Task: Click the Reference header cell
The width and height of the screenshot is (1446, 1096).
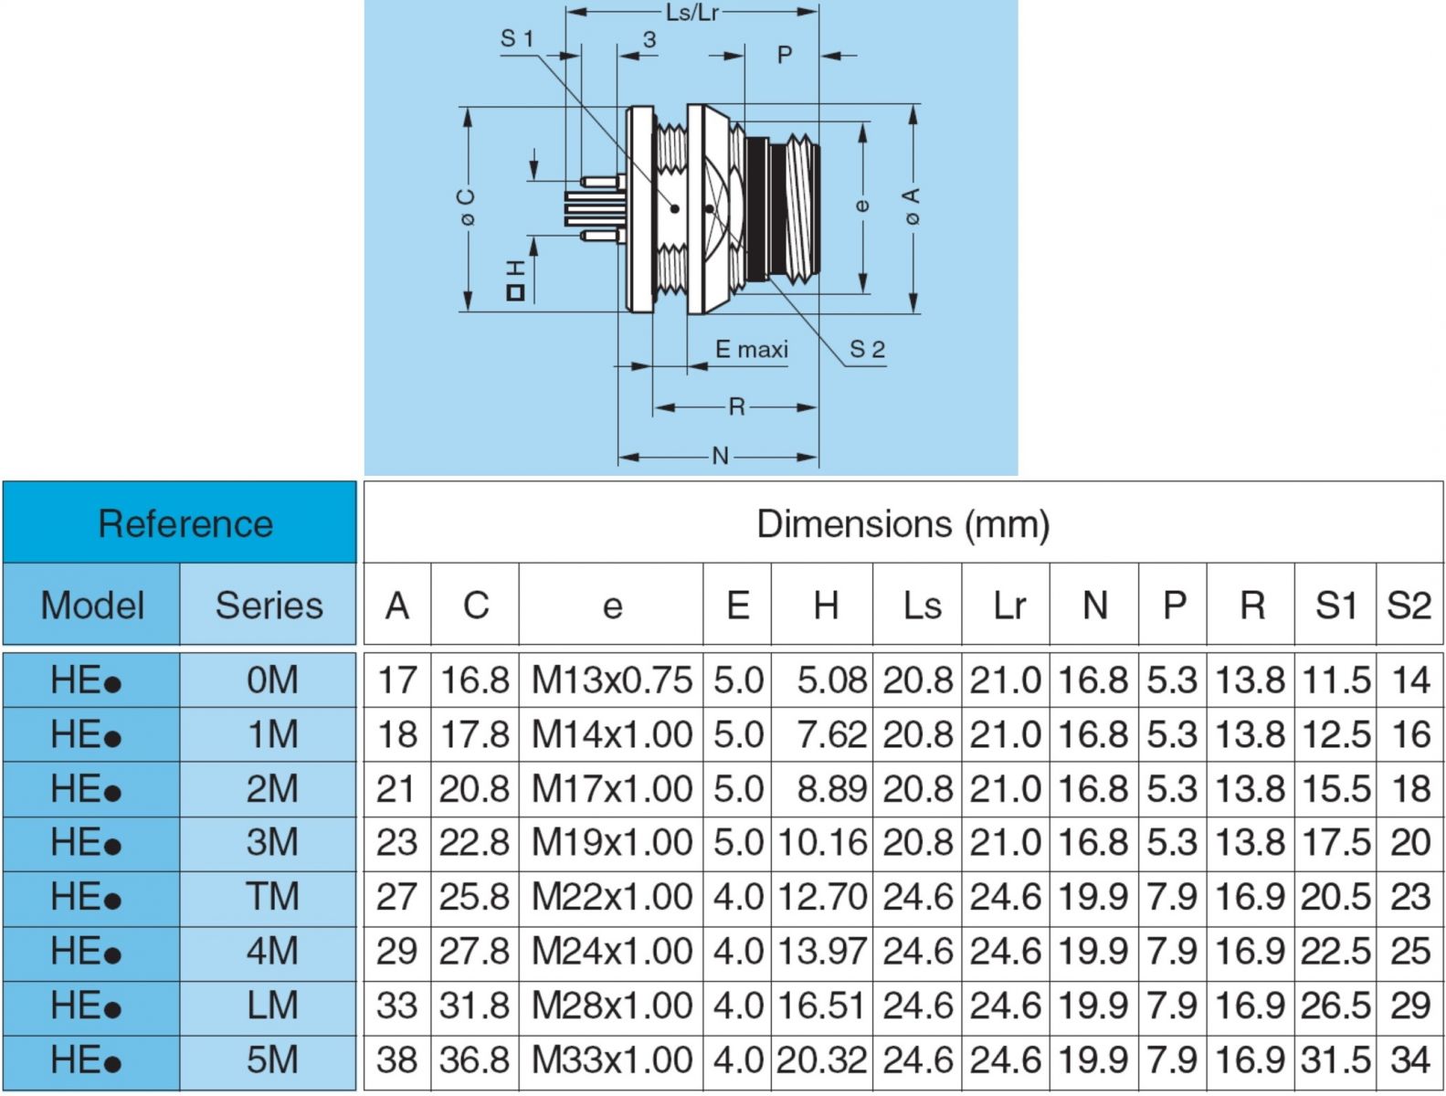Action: (179, 522)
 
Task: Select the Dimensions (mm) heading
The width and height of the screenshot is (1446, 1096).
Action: (903, 523)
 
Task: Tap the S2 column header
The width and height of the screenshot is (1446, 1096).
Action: (1409, 605)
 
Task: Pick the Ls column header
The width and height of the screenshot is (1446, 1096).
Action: (917, 605)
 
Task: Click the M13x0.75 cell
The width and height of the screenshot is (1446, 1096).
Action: (611, 680)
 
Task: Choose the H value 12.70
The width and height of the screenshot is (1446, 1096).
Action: (822, 896)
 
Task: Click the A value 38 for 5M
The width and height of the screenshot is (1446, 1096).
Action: (396, 1059)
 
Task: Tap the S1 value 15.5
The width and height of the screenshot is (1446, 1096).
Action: (1335, 788)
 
